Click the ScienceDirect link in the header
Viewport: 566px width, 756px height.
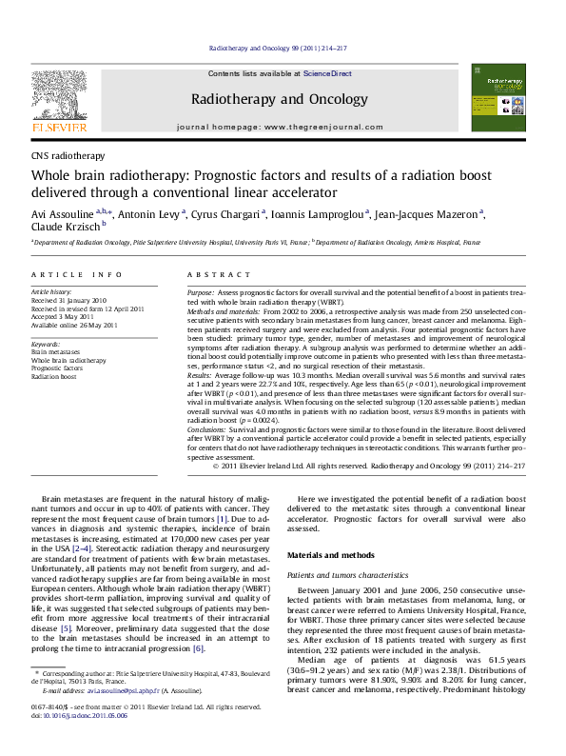pyautogui.click(x=328, y=73)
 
